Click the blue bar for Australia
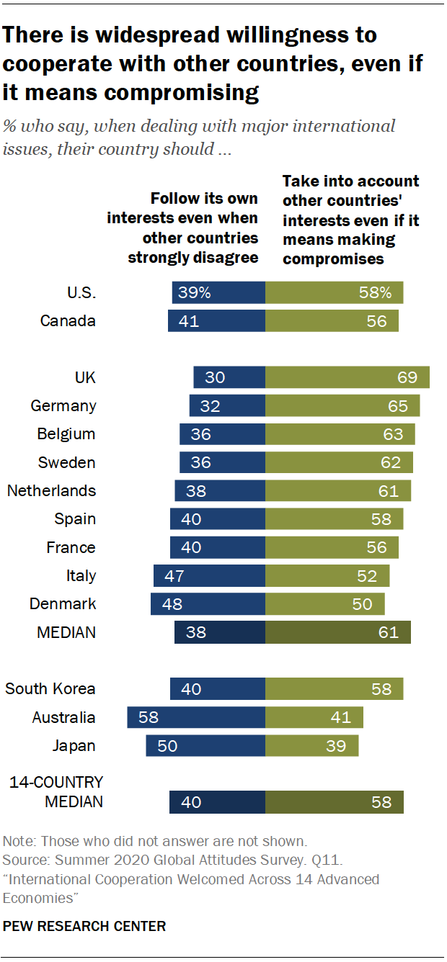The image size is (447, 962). tap(196, 717)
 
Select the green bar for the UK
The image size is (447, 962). tap(348, 377)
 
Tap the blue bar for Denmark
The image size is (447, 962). tap(208, 603)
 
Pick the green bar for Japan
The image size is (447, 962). tap(311, 745)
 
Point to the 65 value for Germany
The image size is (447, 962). tap(397, 405)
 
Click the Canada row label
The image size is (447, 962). tap(68, 321)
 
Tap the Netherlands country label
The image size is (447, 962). tap(51, 490)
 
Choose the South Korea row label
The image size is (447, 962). tap(50, 688)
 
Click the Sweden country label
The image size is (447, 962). tap(66, 462)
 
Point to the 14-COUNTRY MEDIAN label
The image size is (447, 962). tap(56, 791)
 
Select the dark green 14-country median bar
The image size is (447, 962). tap(334, 802)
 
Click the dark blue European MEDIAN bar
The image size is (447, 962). tap(220, 632)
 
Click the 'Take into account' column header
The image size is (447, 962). tap(350, 220)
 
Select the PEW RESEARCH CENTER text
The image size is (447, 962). tap(84, 926)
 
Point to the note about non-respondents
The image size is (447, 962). tap(155, 841)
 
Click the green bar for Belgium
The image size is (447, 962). tap(340, 434)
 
